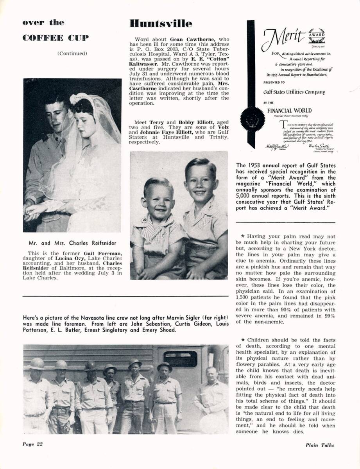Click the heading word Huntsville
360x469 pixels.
point(161,24)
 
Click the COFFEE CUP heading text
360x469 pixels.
point(56,38)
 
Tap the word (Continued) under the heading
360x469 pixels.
point(72,54)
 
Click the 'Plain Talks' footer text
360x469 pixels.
point(320,445)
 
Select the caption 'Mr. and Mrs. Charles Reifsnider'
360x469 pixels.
point(72,243)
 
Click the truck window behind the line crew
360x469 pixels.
point(180,359)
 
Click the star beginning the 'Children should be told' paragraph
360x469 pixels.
point(243,340)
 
